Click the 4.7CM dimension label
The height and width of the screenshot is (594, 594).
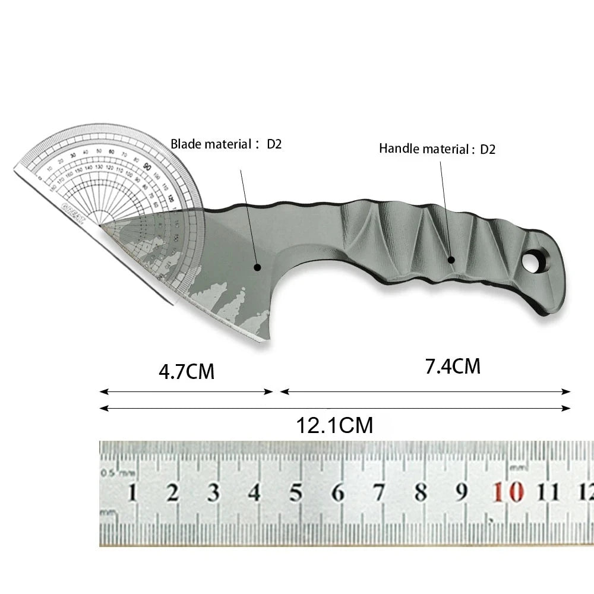tap(186, 372)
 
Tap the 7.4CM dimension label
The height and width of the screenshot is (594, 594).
tap(452, 366)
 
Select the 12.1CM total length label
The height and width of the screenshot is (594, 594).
tap(334, 425)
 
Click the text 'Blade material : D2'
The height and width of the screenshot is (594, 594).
tap(226, 144)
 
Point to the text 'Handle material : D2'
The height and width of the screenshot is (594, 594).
tap(437, 148)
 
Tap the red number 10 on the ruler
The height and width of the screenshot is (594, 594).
tap(508, 492)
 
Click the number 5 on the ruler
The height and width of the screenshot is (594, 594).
tap(296, 493)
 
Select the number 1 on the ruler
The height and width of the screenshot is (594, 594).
tap(132, 493)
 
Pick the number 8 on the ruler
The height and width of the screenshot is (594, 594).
tap(421, 492)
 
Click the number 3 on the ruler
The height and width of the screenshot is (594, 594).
tap(213, 493)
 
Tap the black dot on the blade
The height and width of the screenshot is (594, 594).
tap(257, 267)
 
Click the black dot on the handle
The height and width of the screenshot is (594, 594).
tap(451, 260)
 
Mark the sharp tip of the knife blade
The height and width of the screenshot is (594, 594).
tap(101, 224)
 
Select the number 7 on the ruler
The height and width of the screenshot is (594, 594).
tap(379, 493)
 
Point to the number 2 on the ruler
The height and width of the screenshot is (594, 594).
tap(173, 493)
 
